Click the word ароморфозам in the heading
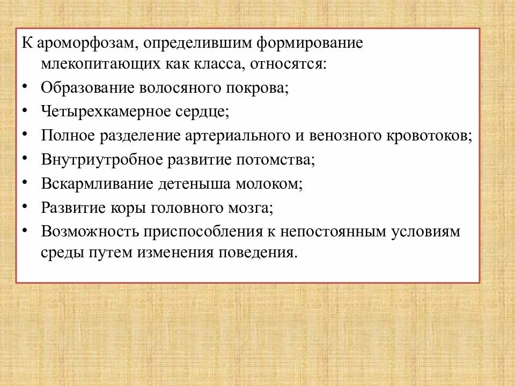[86, 43]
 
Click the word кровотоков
[429, 135]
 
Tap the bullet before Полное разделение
[26, 134]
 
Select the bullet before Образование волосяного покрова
[26, 86]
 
